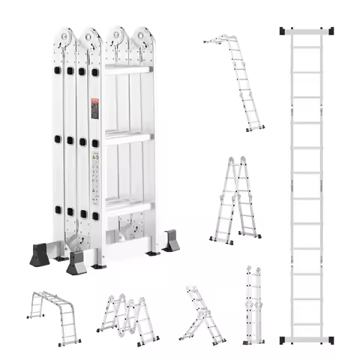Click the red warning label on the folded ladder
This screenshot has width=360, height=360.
coord(94,107)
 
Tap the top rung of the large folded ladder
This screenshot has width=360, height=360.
coord(127,70)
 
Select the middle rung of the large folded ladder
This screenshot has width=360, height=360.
coord(127,136)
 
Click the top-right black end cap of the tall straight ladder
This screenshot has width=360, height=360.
coord(331,31)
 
